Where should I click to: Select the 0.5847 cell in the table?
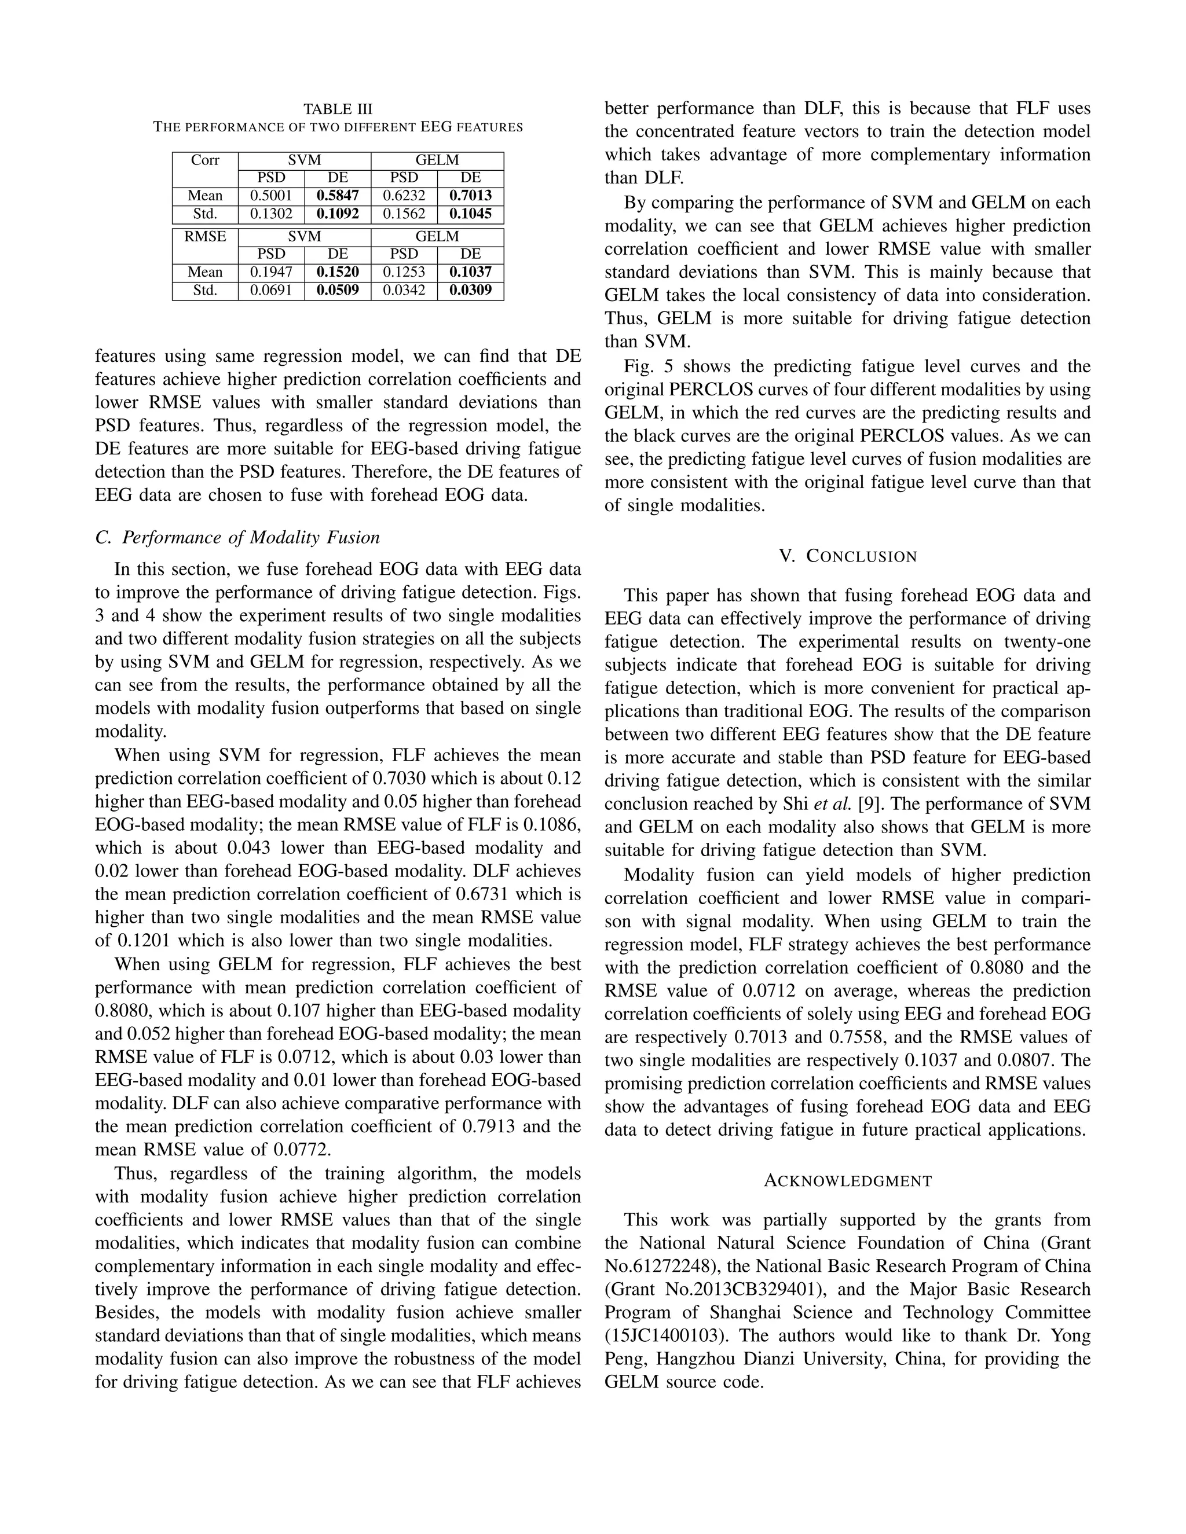point(337,196)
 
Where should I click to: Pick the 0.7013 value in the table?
point(470,196)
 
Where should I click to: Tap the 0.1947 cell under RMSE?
point(271,273)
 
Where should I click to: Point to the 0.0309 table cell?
point(470,291)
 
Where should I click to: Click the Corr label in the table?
point(205,160)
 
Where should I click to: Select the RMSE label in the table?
point(205,237)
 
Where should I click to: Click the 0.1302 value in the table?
point(271,214)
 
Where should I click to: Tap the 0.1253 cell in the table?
point(404,273)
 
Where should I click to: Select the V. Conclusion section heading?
point(847,556)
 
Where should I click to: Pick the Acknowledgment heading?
point(847,1181)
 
